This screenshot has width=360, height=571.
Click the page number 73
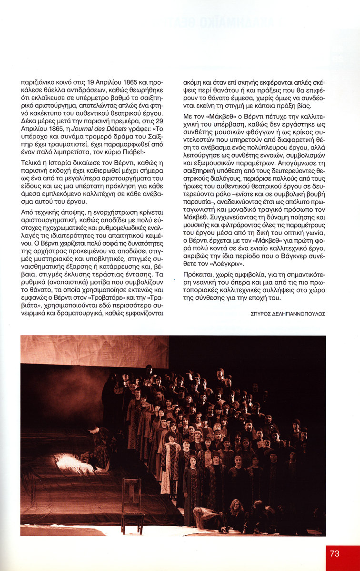(334, 553)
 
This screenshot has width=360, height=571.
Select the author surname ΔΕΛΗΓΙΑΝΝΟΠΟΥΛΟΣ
(298, 314)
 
